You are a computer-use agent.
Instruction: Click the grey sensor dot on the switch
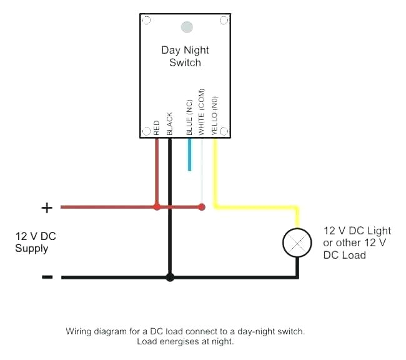186,27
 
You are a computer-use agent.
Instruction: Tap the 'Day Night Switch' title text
185,56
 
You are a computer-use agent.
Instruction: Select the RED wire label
156,127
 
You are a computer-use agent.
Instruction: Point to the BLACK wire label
169,124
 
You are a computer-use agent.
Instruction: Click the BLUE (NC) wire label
190,117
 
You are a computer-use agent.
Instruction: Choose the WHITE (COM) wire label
201,112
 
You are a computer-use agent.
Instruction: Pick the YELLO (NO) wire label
214,115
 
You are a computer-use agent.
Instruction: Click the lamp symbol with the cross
297,242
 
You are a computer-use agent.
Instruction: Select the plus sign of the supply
47,207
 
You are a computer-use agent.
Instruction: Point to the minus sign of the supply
47,277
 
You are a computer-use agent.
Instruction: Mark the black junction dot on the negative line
169,276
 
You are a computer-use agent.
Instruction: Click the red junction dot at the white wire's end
201,206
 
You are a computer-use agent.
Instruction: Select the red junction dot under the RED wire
157,206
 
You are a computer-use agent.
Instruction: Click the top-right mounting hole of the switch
224,21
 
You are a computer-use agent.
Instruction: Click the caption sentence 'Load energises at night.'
185,342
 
